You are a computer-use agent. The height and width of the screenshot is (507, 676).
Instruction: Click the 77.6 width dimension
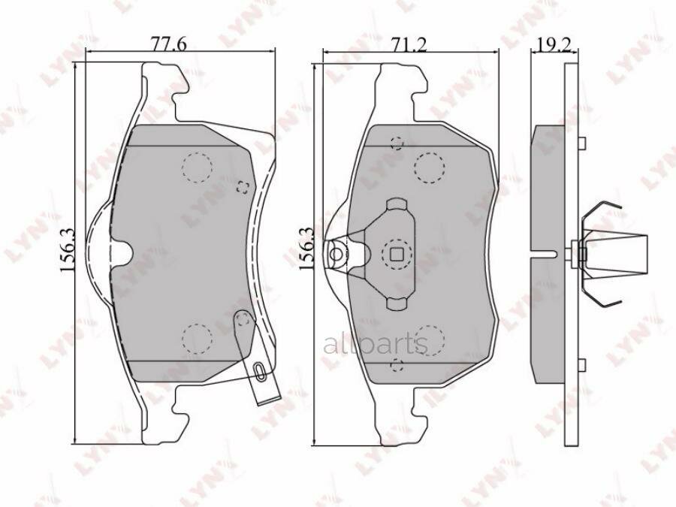[168, 44]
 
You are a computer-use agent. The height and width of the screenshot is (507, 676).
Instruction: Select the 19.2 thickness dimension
[554, 44]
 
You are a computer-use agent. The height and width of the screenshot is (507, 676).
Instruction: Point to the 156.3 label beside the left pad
[68, 249]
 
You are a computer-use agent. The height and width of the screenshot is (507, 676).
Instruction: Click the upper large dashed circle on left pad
[197, 167]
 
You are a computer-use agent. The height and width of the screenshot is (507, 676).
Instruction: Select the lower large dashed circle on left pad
[197, 339]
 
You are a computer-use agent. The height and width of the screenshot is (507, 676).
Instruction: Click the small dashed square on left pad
[243, 187]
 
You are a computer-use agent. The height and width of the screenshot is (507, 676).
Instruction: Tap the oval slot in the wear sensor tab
[259, 371]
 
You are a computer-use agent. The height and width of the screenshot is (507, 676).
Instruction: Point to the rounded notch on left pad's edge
[121, 254]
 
